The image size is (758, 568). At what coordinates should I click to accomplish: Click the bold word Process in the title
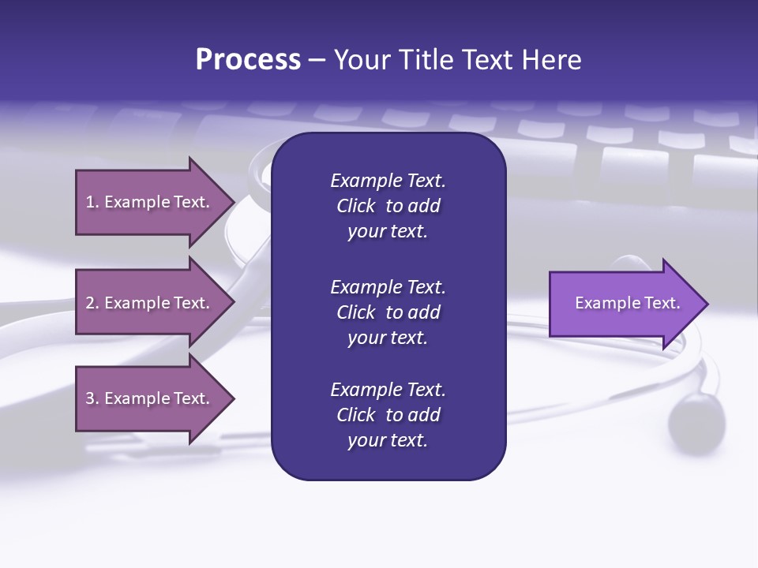tap(248, 60)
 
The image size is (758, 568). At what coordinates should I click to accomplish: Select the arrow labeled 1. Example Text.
tap(148, 202)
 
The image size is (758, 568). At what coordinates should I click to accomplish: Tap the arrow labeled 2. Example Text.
tap(148, 303)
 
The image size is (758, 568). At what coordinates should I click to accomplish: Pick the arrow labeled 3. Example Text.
tap(148, 398)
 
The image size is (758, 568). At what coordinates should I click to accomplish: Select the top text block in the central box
tap(388, 206)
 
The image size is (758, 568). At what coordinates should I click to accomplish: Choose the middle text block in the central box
tap(388, 312)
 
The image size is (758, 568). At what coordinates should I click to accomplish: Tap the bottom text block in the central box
tap(388, 415)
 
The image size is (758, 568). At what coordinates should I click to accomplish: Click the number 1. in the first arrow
tap(92, 202)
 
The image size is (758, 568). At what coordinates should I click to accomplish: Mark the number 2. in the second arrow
tap(92, 303)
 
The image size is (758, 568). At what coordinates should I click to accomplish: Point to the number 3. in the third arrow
tap(92, 398)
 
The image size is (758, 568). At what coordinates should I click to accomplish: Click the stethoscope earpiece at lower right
tap(696, 417)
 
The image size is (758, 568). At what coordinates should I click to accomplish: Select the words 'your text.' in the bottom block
tap(388, 441)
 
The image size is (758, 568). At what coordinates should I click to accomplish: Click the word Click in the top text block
tap(356, 207)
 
